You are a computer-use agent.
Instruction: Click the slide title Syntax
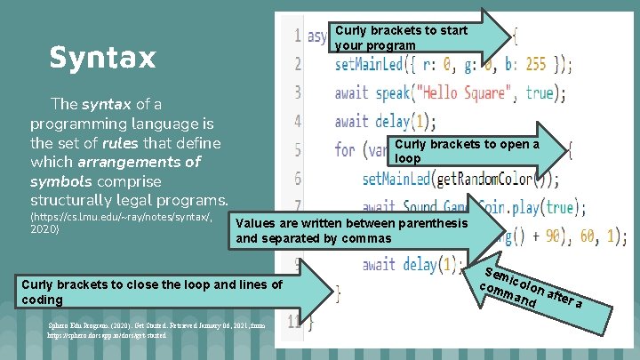click(x=102, y=58)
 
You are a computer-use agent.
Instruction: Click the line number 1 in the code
click(x=296, y=36)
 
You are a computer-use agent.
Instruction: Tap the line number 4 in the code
click(x=297, y=122)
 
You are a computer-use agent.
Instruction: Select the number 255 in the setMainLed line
click(x=536, y=64)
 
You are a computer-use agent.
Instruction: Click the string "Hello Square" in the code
click(x=465, y=92)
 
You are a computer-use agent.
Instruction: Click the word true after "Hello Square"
click(x=539, y=92)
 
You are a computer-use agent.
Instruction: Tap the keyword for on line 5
click(x=345, y=150)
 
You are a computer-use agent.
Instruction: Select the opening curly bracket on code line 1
click(x=515, y=36)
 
